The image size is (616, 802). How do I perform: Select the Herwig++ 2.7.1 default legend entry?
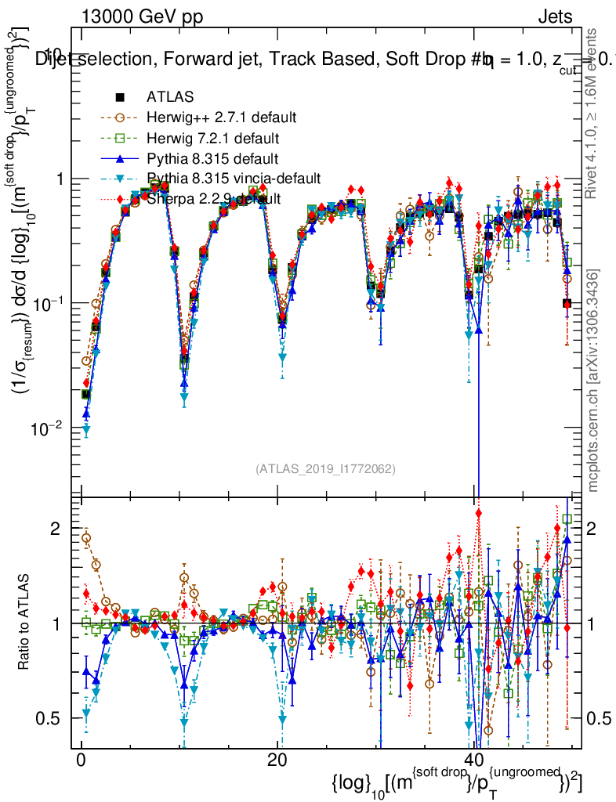[221, 117]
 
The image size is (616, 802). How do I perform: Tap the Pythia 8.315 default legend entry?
[212, 158]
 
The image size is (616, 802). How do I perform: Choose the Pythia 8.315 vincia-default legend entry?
[234, 179]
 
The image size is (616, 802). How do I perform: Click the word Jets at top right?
[555, 17]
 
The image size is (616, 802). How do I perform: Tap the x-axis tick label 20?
[277, 760]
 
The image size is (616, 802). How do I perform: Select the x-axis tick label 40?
[473, 760]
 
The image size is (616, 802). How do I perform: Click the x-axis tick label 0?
[81, 760]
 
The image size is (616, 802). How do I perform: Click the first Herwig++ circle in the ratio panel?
[86, 538]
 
